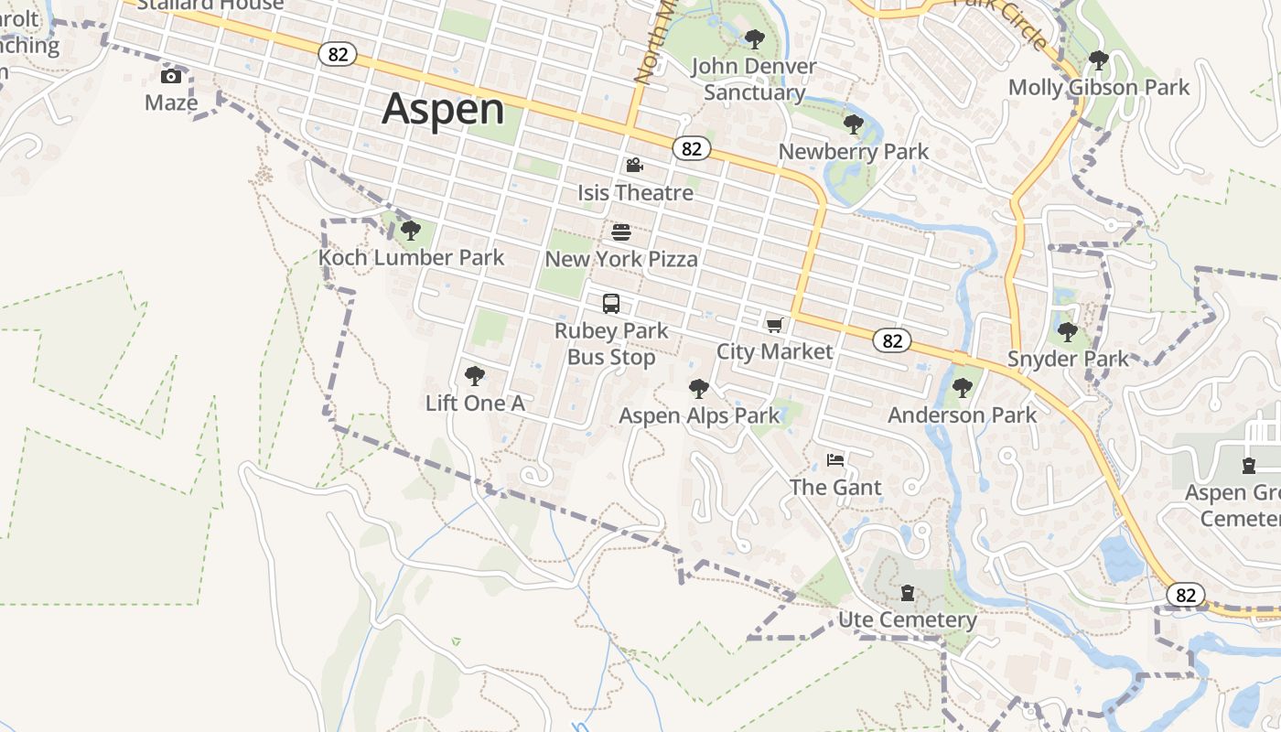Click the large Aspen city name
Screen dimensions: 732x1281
(x=443, y=109)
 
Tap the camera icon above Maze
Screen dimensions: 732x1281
(x=171, y=76)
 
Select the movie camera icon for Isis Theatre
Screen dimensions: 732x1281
(x=634, y=166)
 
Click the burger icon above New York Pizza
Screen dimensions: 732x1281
(x=621, y=232)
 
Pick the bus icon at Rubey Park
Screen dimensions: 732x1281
(x=611, y=304)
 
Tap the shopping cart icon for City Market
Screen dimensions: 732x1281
(x=774, y=325)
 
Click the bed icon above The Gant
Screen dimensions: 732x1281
(x=834, y=459)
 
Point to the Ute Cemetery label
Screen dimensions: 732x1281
(x=908, y=620)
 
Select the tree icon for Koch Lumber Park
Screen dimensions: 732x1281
(x=411, y=230)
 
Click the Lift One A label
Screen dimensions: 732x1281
(x=475, y=404)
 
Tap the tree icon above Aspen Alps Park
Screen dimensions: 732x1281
(x=699, y=389)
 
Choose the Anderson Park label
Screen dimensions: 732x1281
(x=963, y=415)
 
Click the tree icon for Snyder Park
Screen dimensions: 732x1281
(x=1067, y=331)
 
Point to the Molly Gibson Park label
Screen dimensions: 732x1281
(x=1098, y=88)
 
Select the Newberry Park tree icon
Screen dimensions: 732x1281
(x=854, y=124)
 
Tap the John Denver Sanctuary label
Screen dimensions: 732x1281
(x=754, y=80)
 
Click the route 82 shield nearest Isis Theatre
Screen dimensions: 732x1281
(x=692, y=148)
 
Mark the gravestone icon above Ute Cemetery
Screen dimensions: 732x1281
(x=907, y=593)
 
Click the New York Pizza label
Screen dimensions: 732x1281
(x=621, y=260)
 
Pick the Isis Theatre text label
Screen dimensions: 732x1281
(x=635, y=193)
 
